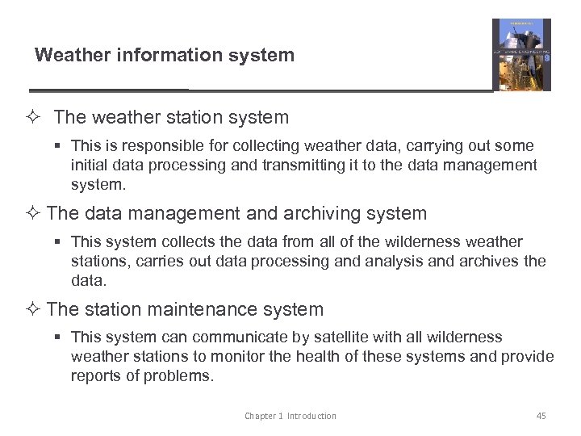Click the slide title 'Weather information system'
[165, 55]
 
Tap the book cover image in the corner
[521, 55]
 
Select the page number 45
[541, 416]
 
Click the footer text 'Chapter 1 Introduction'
[290, 416]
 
